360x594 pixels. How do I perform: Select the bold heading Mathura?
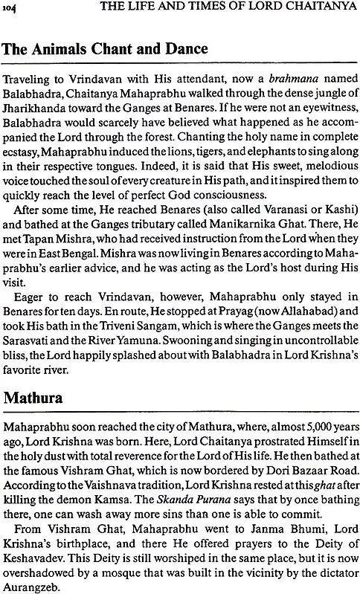(x=36, y=395)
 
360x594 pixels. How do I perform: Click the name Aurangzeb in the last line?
(x=36, y=582)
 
